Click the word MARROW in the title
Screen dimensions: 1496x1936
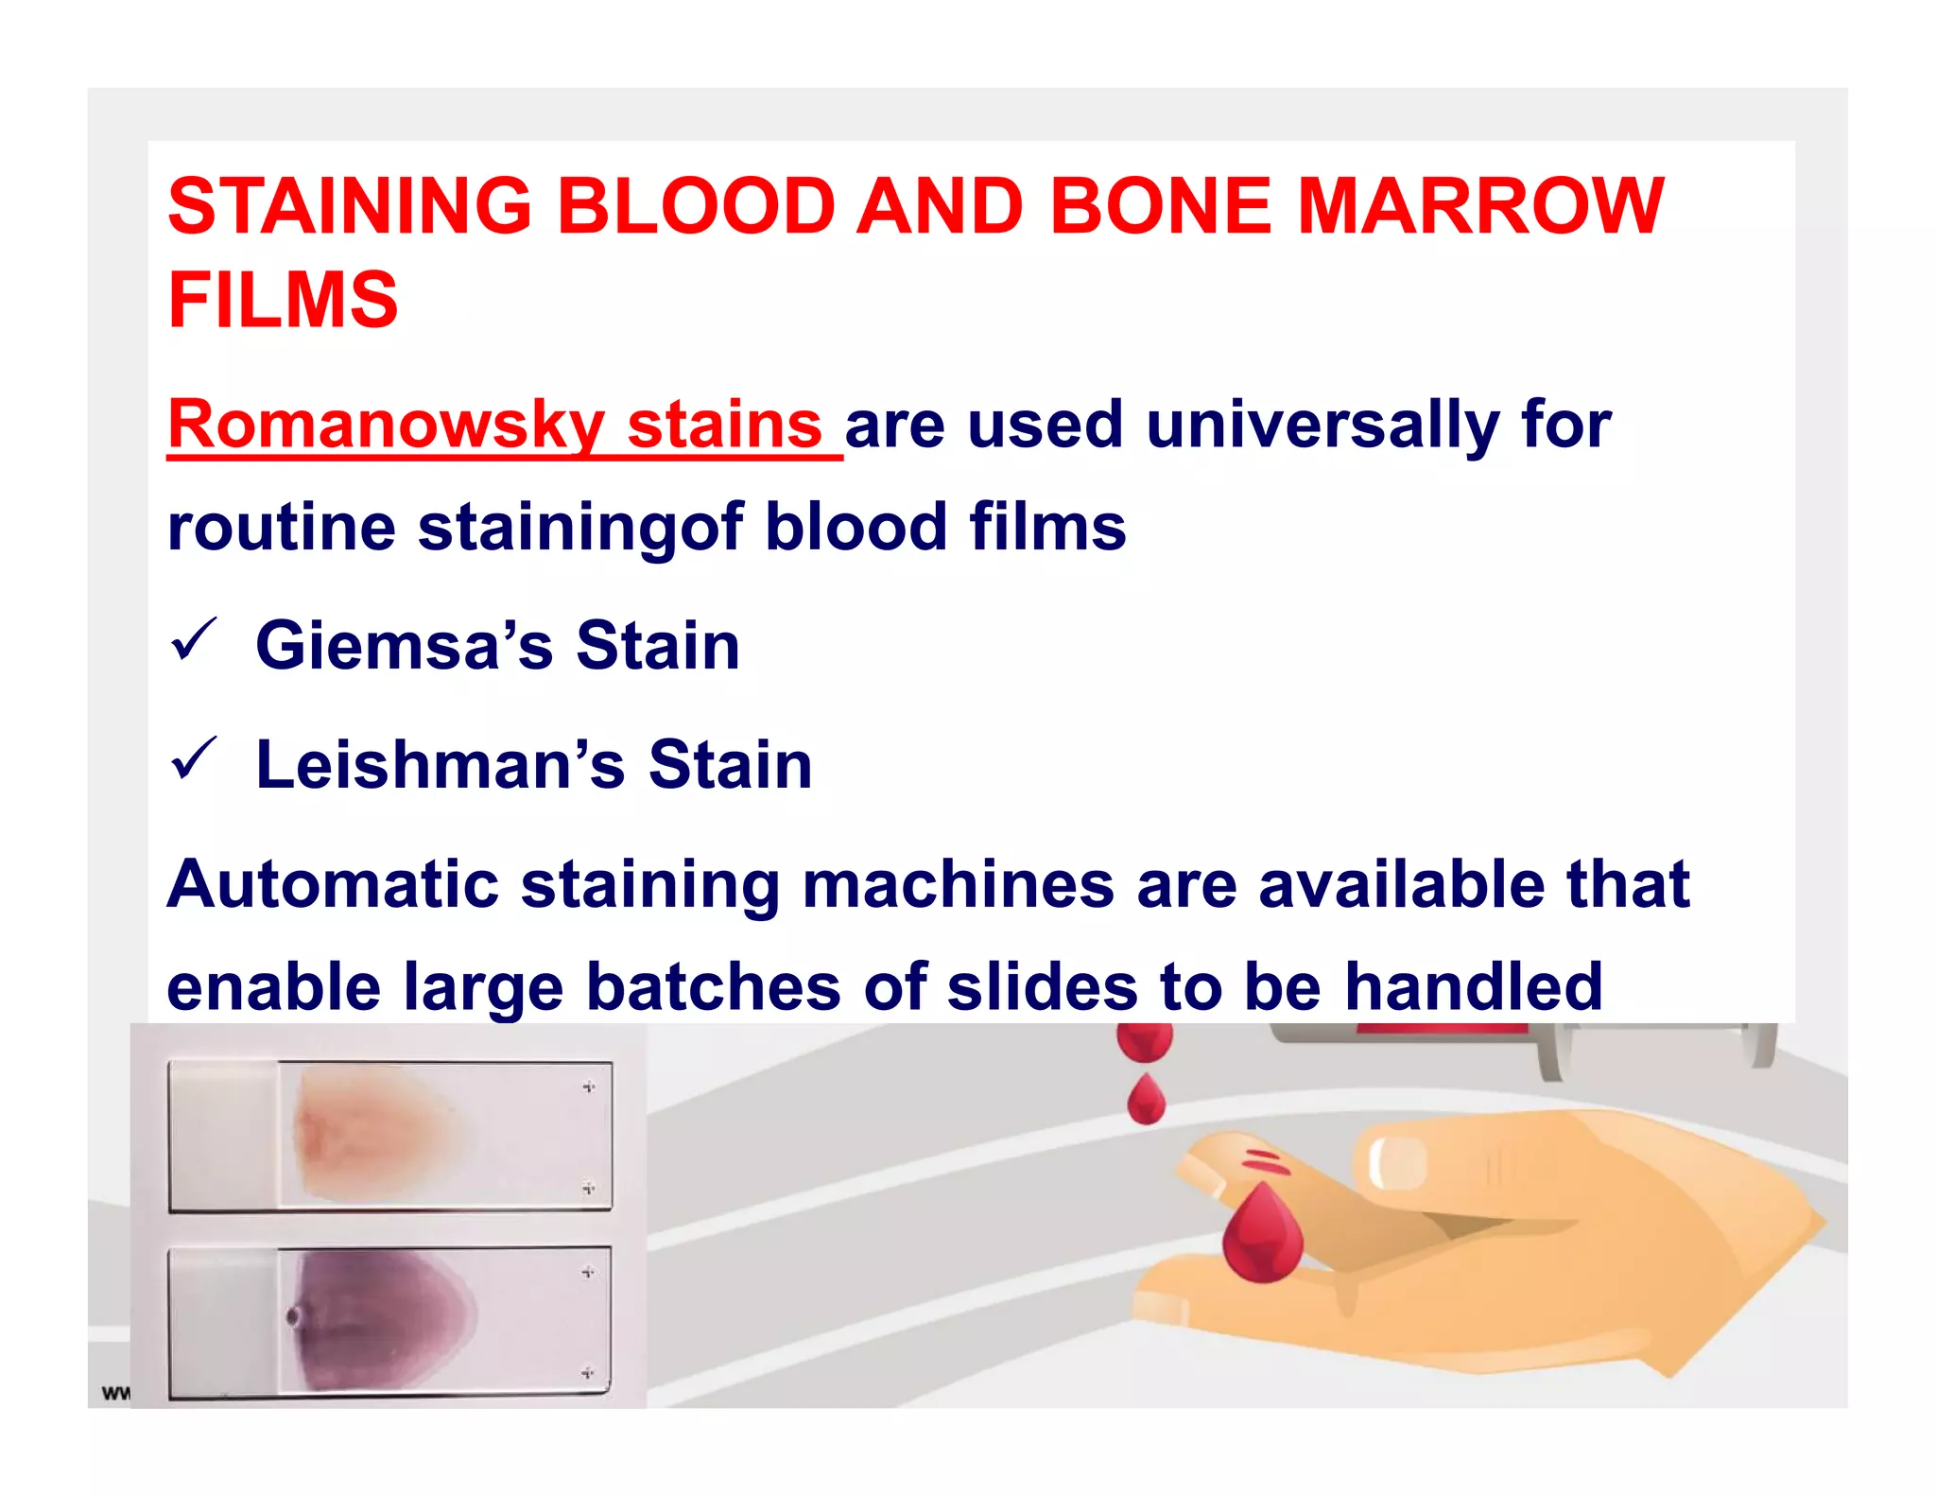coord(1479,206)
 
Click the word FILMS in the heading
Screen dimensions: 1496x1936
coord(283,300)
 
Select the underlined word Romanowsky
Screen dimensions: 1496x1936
coord(386,425)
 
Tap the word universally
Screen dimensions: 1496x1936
coord(1322,425)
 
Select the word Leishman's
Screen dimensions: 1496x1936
coord(441,765)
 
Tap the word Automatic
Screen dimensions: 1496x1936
coord(333,885)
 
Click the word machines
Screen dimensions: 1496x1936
coord(958,885)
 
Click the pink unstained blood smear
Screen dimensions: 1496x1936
coord(378,1135)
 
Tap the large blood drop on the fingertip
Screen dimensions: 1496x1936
coord(1262,1234)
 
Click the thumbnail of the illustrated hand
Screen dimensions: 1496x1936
coord(1396,1161)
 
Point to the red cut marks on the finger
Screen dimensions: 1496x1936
coord(1264,1161)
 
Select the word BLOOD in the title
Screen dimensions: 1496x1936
coord(696,206)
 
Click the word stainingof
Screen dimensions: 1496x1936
coord(580,528)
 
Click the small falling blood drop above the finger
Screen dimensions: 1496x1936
coord(1146,1100)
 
